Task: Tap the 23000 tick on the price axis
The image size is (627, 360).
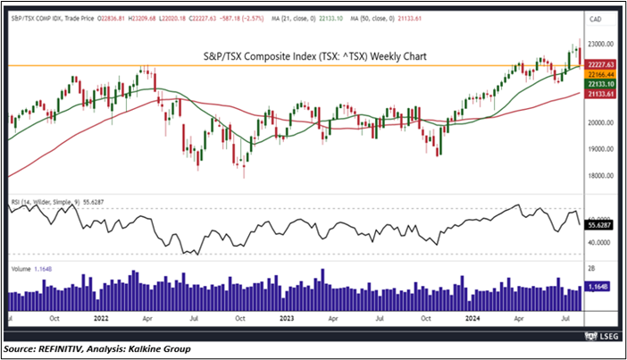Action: point(600,44)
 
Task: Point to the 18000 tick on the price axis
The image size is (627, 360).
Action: point(600,176)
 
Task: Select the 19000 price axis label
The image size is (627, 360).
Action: point(600,149)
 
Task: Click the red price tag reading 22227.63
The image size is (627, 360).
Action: point(601,64)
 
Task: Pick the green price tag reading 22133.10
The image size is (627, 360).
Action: point(601,84)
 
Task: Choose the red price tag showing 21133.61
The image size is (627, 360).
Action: point(601,94)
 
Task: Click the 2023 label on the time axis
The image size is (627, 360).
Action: point(288,317)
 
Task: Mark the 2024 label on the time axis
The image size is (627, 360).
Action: point(472,317)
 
